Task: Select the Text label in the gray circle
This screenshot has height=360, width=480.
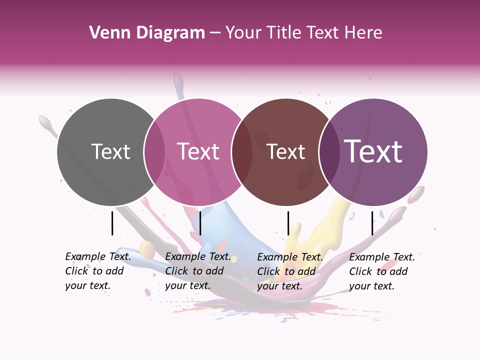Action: point(110,151)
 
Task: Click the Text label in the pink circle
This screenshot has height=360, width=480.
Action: point(198,151)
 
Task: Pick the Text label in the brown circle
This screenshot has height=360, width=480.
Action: point(286,151)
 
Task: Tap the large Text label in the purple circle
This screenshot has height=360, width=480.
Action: point(373,151)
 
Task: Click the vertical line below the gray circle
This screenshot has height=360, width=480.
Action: point(112,223)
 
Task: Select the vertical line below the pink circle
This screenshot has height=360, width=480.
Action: point(200,223)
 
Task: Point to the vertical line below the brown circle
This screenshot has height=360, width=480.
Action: point(288,223)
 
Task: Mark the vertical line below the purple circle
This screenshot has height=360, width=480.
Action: point(372,223)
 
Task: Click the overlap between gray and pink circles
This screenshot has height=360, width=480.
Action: point(154,152)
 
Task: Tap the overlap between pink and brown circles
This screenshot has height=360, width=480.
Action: point(242,152)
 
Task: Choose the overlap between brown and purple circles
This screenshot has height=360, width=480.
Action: point(329,152)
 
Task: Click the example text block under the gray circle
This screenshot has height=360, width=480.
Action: point(97,271)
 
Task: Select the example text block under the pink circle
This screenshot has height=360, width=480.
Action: point(197,271)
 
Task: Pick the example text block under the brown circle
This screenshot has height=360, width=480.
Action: point(289,271)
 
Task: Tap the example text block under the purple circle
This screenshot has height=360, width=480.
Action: point(381,271)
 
